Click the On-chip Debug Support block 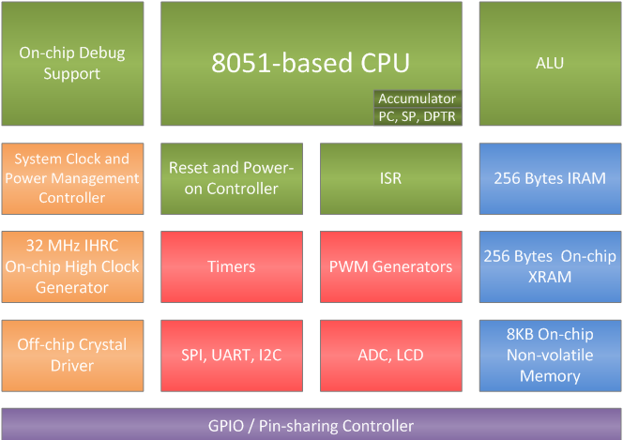72,64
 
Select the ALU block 550,64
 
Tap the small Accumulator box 418,99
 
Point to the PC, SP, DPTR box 418,116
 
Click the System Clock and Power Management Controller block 72,178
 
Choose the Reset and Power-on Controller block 232,178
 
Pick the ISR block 390,178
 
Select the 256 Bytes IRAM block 550,178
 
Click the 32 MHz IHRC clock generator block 72,266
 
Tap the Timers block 232,266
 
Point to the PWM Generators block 390,266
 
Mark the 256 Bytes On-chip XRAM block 550,266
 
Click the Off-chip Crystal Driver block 72,356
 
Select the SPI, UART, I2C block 232,356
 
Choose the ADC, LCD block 390,356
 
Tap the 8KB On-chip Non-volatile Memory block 550,356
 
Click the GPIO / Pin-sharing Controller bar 311,425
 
